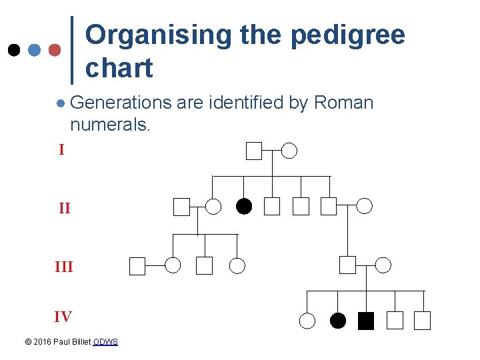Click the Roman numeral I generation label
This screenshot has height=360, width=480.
[x=61, y=150]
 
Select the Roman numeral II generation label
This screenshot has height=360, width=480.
[x=64, y=209]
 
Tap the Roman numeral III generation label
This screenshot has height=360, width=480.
[x=64, y=267]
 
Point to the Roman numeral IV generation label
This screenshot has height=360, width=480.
[x=63, y=317]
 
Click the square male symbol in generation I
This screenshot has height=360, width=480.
[x=253, y=151]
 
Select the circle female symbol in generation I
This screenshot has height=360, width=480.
[x=289, y=151]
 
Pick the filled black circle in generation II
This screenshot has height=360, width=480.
[x=244, y=207]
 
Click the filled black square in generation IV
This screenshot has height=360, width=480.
[x=366, y=321]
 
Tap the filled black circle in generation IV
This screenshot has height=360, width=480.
[x=338, y=321]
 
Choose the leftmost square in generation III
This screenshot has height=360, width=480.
[x=137, y=266]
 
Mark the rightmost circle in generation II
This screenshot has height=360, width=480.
[x=365, y=206]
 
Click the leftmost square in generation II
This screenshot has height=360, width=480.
[x=181, y=207]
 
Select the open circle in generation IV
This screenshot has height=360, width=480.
[x=307, y=321]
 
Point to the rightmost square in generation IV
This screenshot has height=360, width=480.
[x=422, y=321]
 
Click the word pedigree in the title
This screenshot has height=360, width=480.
[x=347, y=35]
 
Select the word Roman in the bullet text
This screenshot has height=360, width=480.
[x=343, y=103]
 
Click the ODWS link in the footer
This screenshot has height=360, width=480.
[x=105, y=342]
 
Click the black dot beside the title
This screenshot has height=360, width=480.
[x=13, y=50]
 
